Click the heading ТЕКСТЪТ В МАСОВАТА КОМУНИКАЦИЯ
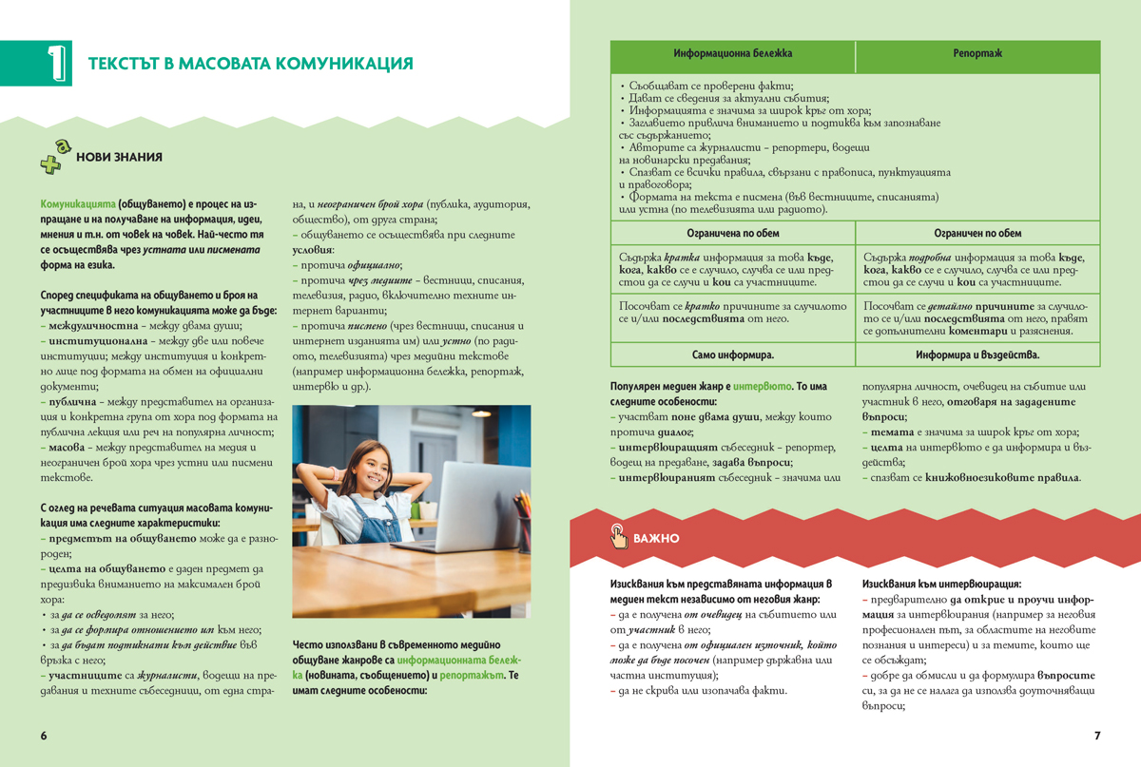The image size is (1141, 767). (x=250, y=64)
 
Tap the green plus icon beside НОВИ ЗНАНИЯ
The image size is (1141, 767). (x=55, y=160)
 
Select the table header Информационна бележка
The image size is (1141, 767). (x=732, y=54)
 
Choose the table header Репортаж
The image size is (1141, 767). (x=977, y=54)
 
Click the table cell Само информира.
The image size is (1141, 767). (x=732, y=354)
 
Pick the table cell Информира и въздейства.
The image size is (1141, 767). (x=977, y=354)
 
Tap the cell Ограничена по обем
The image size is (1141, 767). (x=732, y=233)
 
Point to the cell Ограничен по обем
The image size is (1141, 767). (x=977, y=233)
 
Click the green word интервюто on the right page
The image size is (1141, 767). (x=758, y=388)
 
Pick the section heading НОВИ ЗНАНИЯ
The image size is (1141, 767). (x=119, y=158)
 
